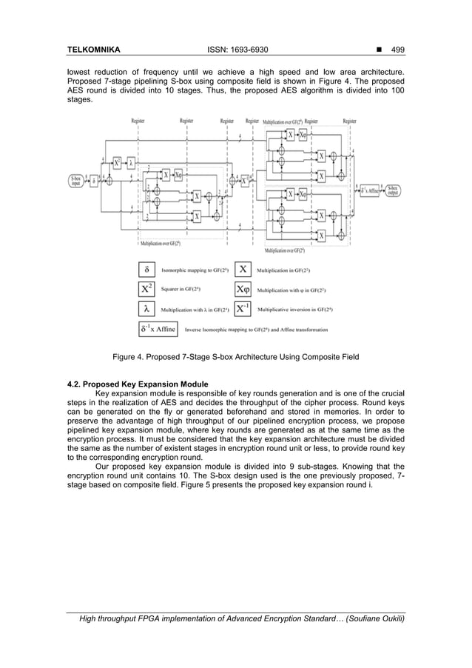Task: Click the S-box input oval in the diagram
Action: (x=76, y=179)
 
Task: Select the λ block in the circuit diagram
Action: (x=131, y=163)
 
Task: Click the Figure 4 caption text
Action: (x=235, y=358)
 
